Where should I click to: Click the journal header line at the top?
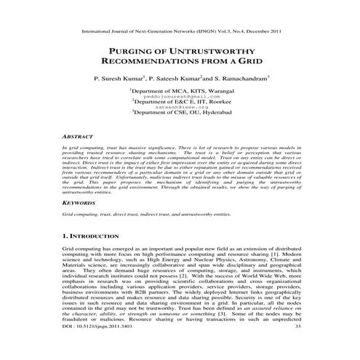coord(180,33)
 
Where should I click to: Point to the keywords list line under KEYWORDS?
coord(152,215)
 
